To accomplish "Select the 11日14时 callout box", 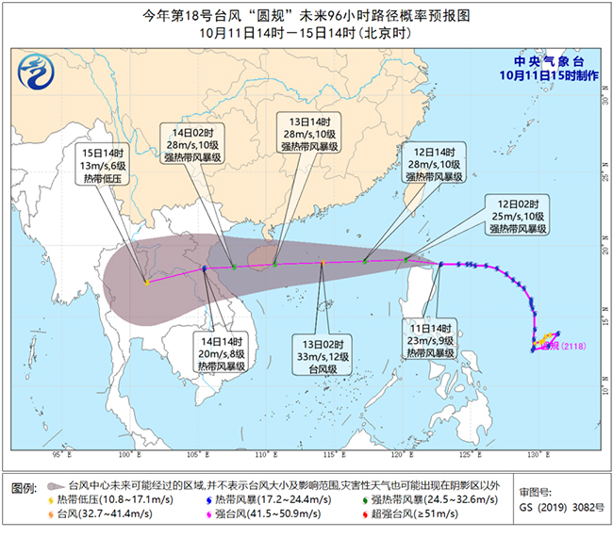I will [431, 341].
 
